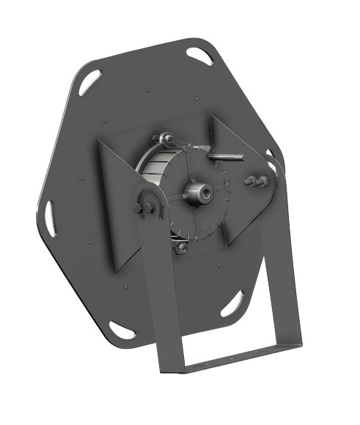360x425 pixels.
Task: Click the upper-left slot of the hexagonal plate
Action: [89, 81]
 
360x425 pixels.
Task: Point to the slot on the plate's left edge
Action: [51, 218]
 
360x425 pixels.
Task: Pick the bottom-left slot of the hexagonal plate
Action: [122, 330]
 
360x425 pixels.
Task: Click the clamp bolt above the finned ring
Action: [167, 138]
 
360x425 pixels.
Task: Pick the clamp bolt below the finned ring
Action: [180, 247]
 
